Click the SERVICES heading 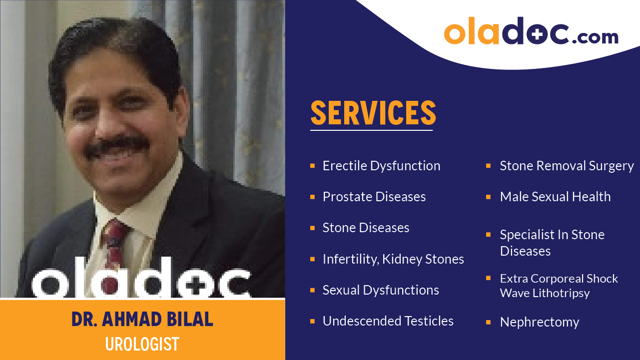(x=373, y=113)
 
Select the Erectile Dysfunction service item (x=381, y=166)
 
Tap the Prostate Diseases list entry (x=374, y=197)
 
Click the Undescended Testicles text (x=388, y=321)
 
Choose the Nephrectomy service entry (x=540, y=322)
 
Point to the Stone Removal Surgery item (x=567, y=166)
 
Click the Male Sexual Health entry (x=555, y=197)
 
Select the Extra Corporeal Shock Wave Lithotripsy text (x=559, y=286)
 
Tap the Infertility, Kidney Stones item (x=393, y=259)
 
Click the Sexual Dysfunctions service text (x=381, y=290)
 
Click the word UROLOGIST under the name (x=142, y=344)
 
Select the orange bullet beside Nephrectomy (x=488, y=322)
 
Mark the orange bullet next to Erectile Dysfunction (x=312, y=165)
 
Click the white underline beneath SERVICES (x=371, y=130)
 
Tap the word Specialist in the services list (x=525, y=235)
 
